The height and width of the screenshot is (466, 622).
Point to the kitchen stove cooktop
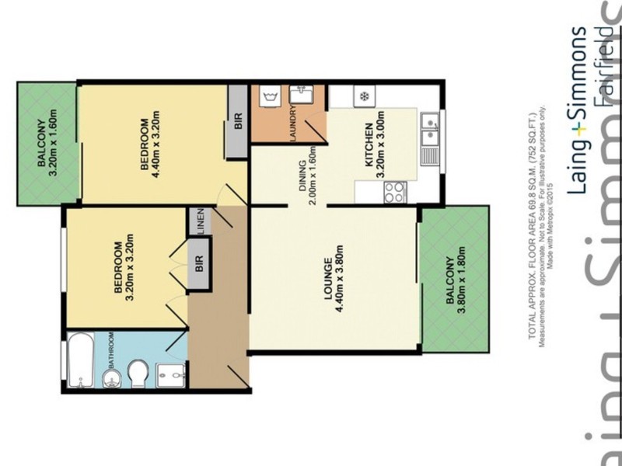[394, 190]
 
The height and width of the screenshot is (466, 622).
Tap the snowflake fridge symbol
[362, 97]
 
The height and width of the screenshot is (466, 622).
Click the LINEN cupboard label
[201, 223]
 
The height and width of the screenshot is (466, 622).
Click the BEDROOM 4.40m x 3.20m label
[150, 145]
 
